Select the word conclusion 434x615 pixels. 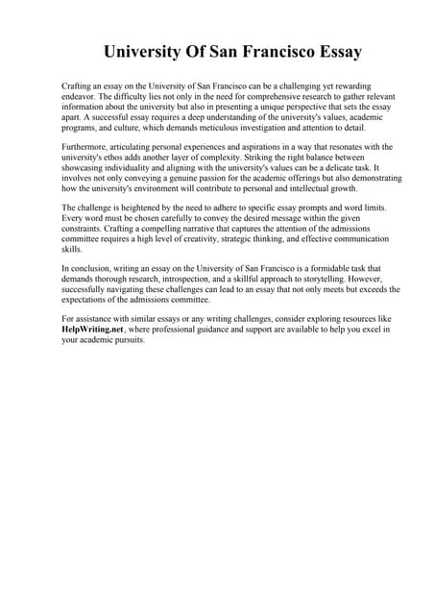click(95, 268)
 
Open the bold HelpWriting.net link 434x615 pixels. click(93, 330)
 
